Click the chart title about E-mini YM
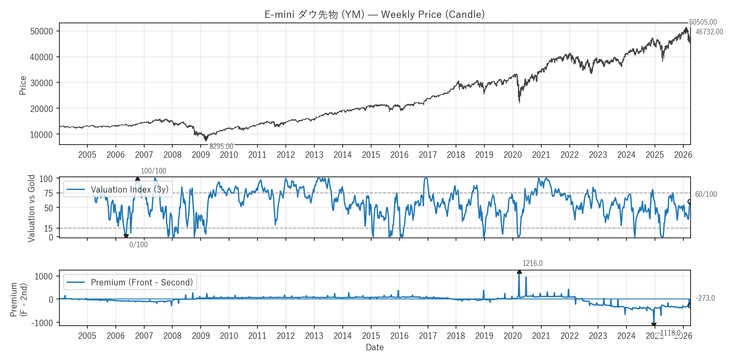click(375, 14)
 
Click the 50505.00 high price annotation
click(703, 22)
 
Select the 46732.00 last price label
click(709, 32)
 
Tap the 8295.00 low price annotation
click(221, 146)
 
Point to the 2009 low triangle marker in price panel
click(206, 138)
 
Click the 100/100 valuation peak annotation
click(154, 171)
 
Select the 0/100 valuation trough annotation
click(138, 245)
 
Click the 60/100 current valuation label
click(706, 194)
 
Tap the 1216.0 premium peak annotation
click(532, 263)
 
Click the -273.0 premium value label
click(705, 298)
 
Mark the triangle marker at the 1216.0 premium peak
click(519, 271)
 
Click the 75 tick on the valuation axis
click(49, 193)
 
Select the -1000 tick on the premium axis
click(42, 323)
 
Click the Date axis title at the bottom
click(375, 347)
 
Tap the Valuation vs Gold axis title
click(31, 208)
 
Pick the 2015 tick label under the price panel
click(371, 155)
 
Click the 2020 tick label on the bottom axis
click(512, 336)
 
